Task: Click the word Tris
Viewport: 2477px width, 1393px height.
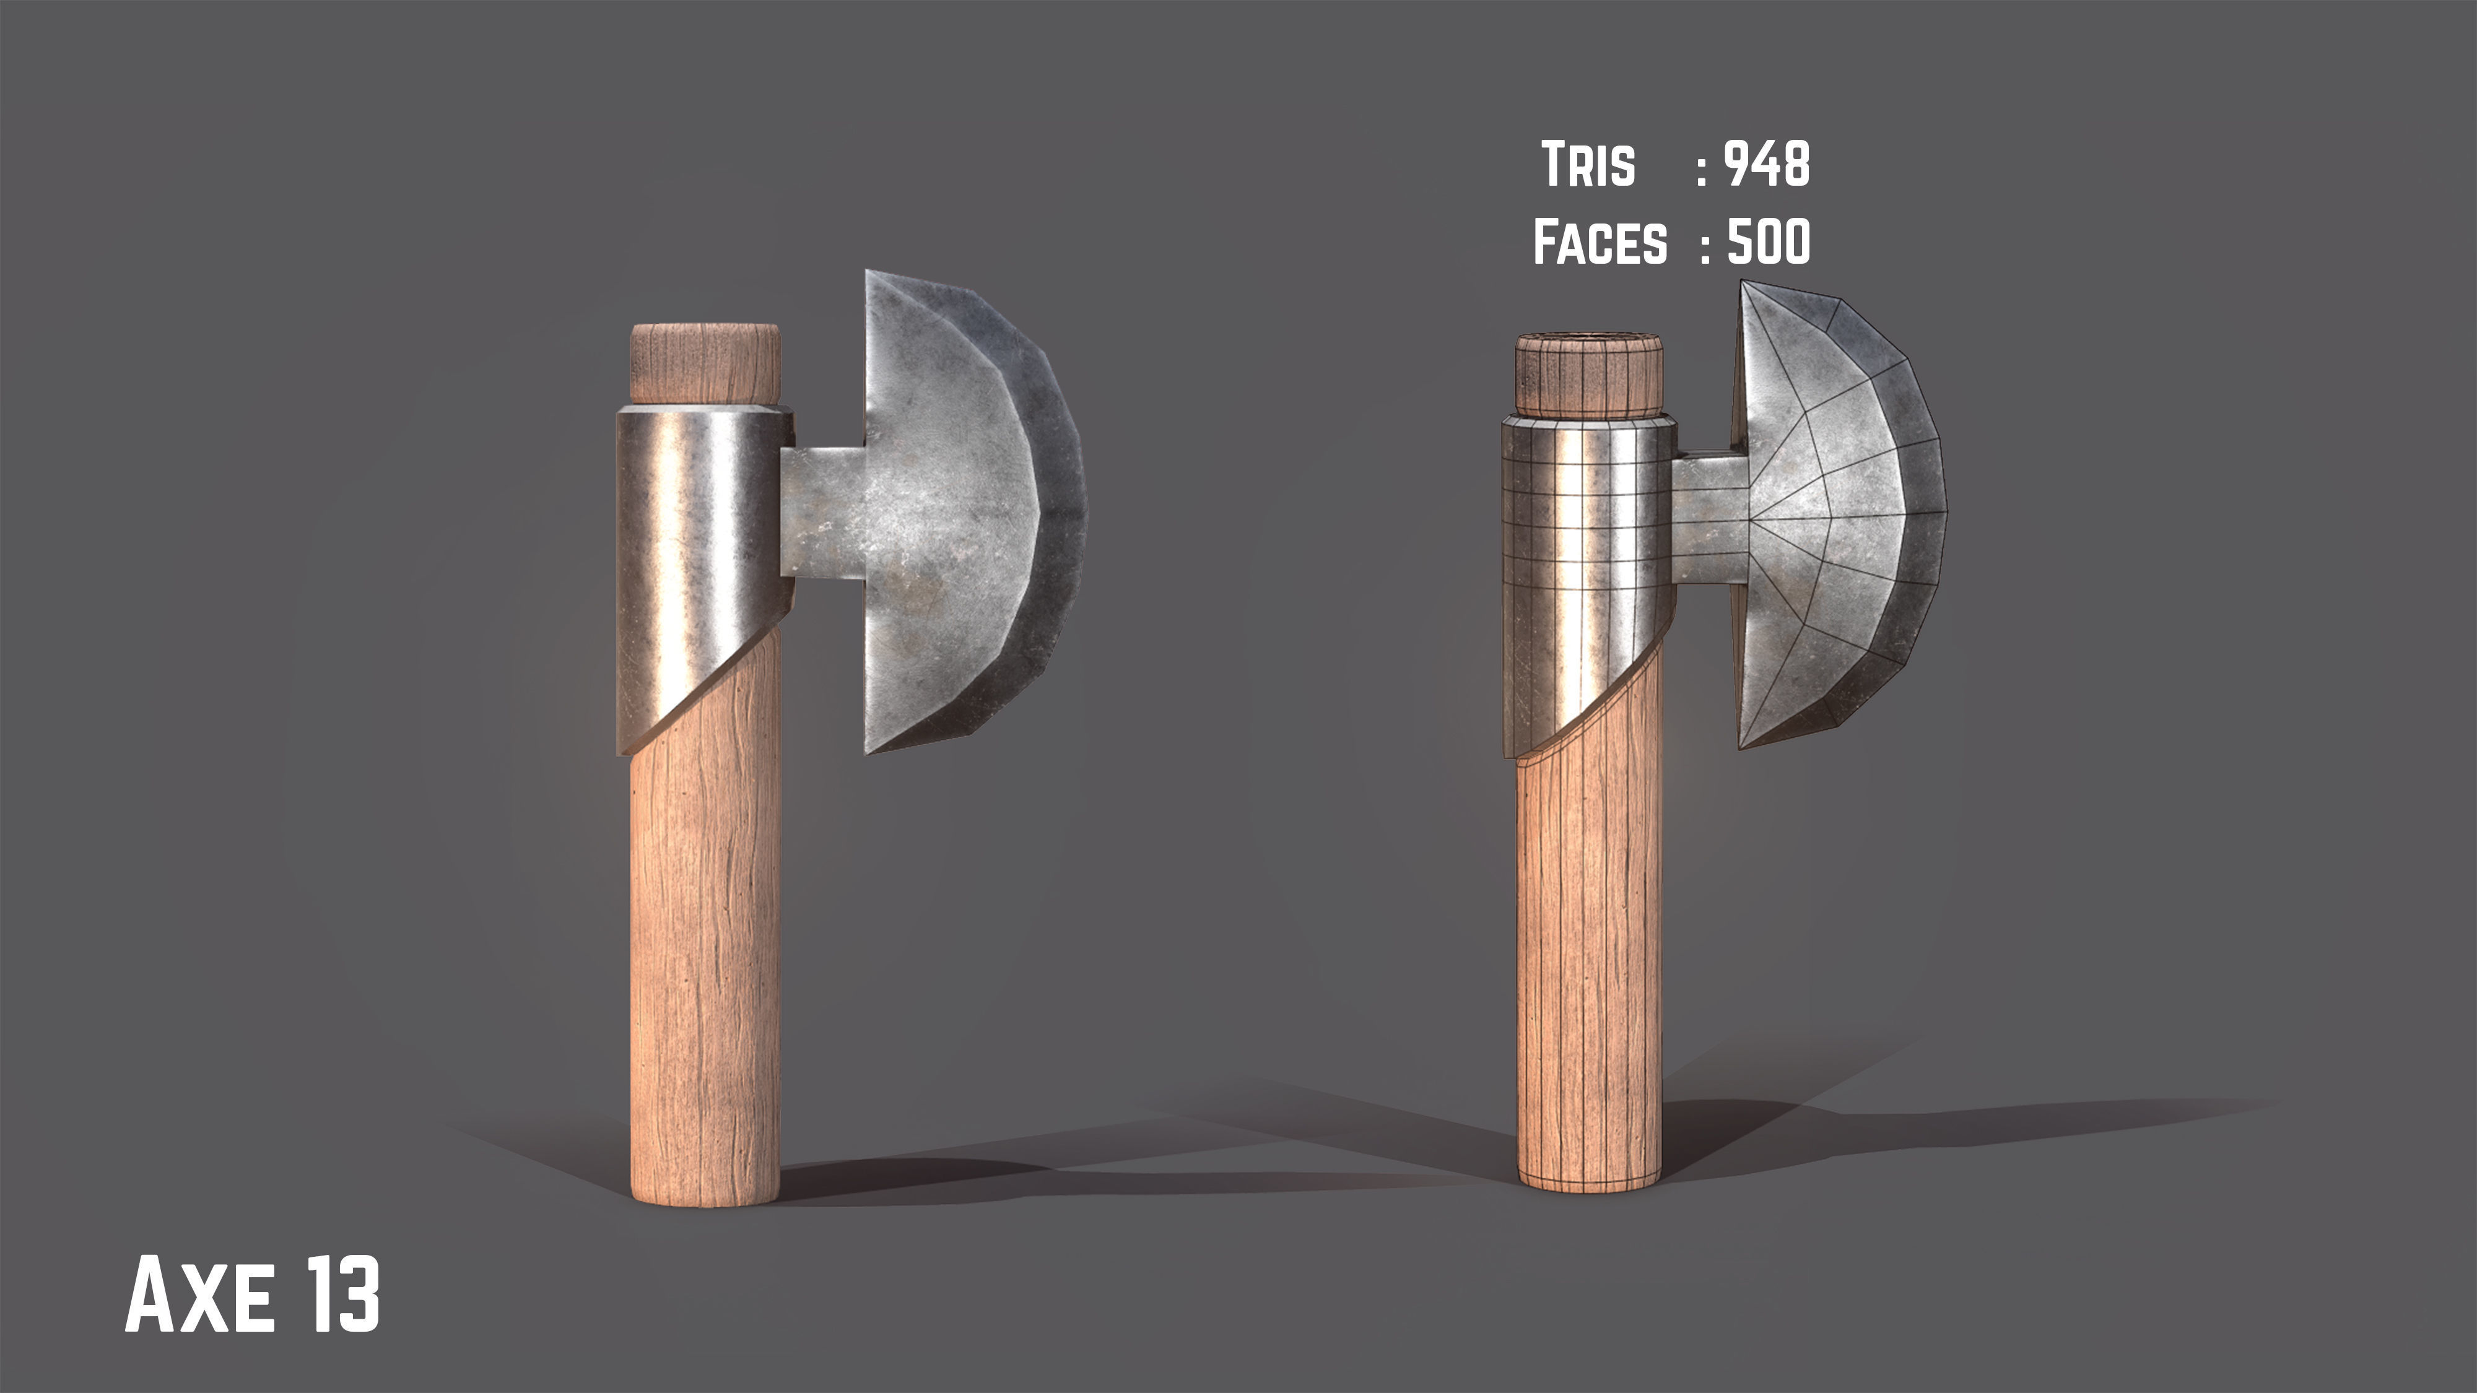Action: click(1588, 165)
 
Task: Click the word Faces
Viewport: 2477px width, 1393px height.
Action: click(1600, 241)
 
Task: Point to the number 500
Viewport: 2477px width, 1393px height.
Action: click(1769, 241)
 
